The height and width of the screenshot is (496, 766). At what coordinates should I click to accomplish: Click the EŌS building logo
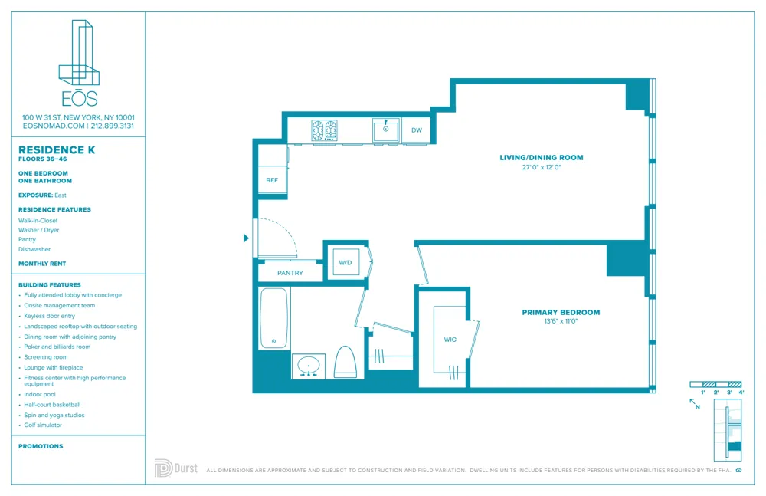(x=79, y=64)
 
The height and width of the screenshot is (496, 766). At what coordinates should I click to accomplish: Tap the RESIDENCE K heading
(x=57, y=150)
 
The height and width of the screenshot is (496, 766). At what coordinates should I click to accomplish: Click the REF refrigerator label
(x=272, y=180)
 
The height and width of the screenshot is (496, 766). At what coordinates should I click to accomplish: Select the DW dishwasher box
(x=417, y=130)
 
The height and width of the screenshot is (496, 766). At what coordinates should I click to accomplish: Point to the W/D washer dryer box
(x=345, y=262)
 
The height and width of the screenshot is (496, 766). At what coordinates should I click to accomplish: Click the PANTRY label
(x=290, y=273)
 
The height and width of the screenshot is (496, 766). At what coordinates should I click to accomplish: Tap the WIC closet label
(x=450, y=339)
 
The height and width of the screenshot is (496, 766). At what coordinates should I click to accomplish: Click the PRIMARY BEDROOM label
(x=561, y=312)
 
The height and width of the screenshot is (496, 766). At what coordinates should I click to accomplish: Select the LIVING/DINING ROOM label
(x=541, y=157)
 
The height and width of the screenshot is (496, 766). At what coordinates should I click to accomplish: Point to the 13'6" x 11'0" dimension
(x=561, y=321)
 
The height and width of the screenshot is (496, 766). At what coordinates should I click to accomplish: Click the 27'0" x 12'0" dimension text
(x=541, y=167)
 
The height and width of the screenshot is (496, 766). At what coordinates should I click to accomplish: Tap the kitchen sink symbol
(x=386, y=130)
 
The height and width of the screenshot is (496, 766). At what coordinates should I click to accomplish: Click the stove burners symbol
(x=325, y=130)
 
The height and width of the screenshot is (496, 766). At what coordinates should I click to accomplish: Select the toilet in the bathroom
(x=345, y=363)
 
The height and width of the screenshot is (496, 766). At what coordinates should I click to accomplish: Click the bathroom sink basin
(x=309, y=365)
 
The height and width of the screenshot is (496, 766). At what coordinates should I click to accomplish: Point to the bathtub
(x=273, y=318)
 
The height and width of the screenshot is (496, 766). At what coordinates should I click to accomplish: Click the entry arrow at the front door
(x=246, y=238)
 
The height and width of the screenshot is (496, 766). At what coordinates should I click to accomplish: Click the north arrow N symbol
(x=694, y=403)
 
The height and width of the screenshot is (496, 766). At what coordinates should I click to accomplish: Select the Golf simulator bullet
(x=43, y=425)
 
